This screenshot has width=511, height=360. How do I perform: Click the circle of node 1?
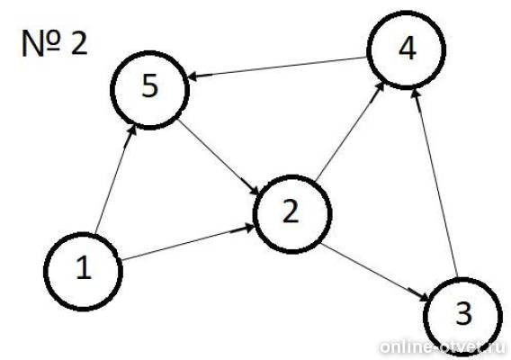pyautogui.click(x=44, y=271)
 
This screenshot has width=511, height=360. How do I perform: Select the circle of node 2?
pyautogui.click(x=255, y=214)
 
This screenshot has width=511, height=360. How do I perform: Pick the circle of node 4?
pyautogui.click(x=368, y=49)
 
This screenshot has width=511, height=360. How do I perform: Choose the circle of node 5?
pyautogui.click(x=111, y=89)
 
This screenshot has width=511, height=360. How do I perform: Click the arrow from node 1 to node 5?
pyautogui.click(x=115, y=180)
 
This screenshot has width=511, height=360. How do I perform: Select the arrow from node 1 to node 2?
pyautogui.click(x=188, y=242)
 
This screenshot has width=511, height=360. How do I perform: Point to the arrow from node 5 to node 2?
pyautogui.click(x=218, y=157)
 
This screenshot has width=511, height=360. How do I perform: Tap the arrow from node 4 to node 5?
pyautogui.click(x=277, y=67)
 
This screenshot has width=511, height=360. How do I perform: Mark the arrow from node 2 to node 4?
pyautogui.click(x=349, y=131)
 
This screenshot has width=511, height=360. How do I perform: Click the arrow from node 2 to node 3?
pyautogui.click(x=375, y=273)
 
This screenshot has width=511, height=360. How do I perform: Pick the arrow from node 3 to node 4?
pyautogui.click(x=435, y=184)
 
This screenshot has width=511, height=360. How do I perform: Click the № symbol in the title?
pyautogui.click(x=40, y=44)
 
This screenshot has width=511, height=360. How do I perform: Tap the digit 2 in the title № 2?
pyautogui.click(x=79, y=43)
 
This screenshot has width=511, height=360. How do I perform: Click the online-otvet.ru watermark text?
pyautogui.click(x=443, y=347)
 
